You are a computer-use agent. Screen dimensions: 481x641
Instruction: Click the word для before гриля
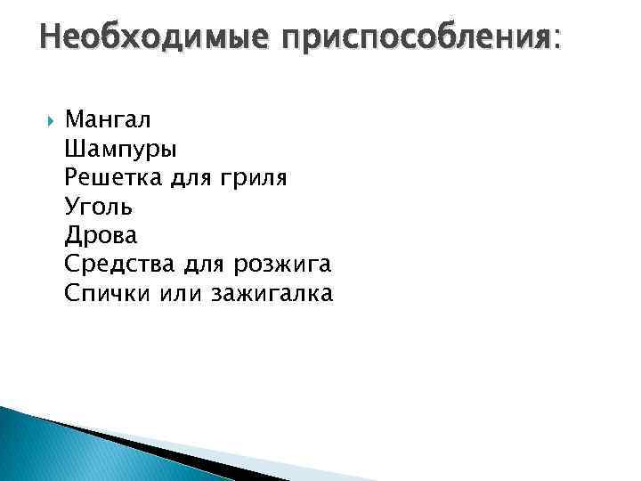189,179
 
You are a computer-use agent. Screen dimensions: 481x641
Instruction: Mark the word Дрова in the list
101,236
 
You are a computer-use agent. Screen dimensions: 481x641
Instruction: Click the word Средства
122,265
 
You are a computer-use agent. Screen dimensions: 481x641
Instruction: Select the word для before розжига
204,265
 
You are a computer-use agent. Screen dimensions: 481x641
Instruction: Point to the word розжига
282,266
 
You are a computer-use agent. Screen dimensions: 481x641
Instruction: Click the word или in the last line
182,294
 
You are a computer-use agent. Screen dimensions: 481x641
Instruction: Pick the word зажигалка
272,294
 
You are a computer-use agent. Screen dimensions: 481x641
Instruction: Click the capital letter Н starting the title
50,38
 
